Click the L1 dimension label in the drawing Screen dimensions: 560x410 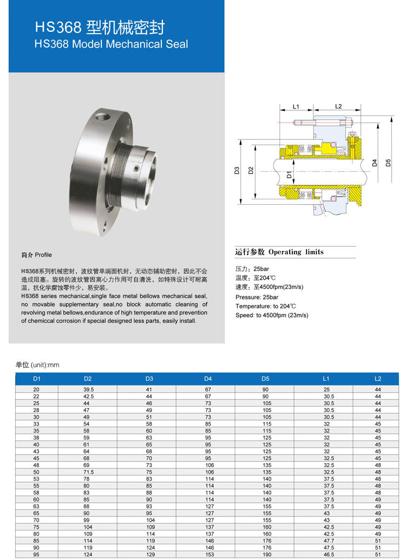coord(296,106)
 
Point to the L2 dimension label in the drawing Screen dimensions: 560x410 coord(338,106)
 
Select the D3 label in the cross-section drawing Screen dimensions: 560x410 coord(237,171)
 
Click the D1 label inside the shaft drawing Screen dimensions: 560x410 coord(289,174)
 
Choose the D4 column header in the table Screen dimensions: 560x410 coord(208,379)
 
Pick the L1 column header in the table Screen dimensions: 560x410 coord(326,379)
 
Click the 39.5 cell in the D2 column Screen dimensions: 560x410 coord(88,389)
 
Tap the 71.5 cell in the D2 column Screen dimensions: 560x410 coord(88,472)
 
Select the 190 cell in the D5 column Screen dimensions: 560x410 coord(266,554)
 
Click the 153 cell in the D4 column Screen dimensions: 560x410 coord(209,554)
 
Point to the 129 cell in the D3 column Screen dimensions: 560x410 coord(149,554)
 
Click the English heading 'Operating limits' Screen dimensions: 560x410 coord(296,252)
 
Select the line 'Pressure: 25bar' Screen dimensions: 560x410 coord(257,297)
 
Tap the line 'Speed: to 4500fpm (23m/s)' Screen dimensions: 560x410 coord(272,315)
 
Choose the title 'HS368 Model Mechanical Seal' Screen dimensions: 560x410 coord(111,44)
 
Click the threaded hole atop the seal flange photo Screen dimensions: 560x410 coord(101,116)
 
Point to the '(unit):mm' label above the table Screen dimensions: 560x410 coord(45,365)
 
